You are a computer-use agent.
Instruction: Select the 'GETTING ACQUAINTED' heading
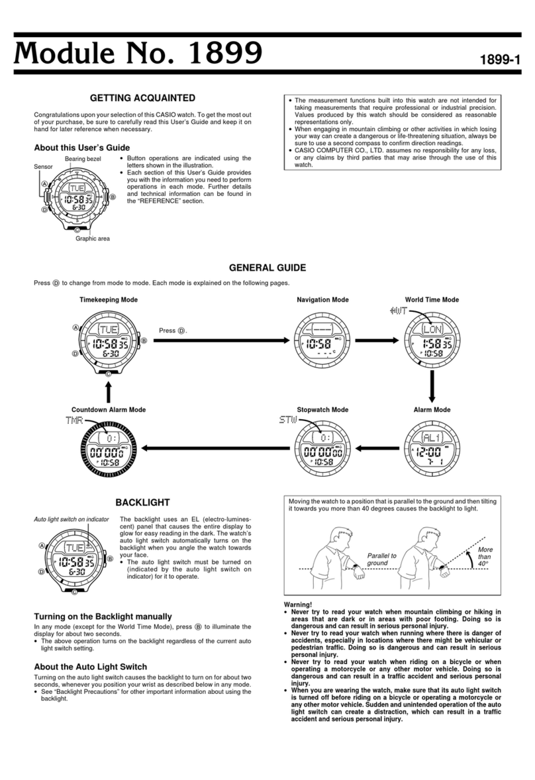[142, 99]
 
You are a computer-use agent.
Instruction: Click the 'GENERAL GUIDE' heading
[267, 268]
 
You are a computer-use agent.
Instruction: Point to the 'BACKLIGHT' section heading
[142, 503]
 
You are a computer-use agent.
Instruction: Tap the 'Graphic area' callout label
[92, 239]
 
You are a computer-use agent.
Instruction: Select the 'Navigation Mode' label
[322, 300]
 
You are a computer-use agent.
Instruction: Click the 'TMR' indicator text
[75, 422]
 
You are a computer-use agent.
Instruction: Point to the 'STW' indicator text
[288, 421]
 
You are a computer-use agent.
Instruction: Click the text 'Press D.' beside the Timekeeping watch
[173, 330]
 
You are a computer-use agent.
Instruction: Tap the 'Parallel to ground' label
[382, 560]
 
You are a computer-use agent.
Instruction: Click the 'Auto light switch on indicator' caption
[71, 520]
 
